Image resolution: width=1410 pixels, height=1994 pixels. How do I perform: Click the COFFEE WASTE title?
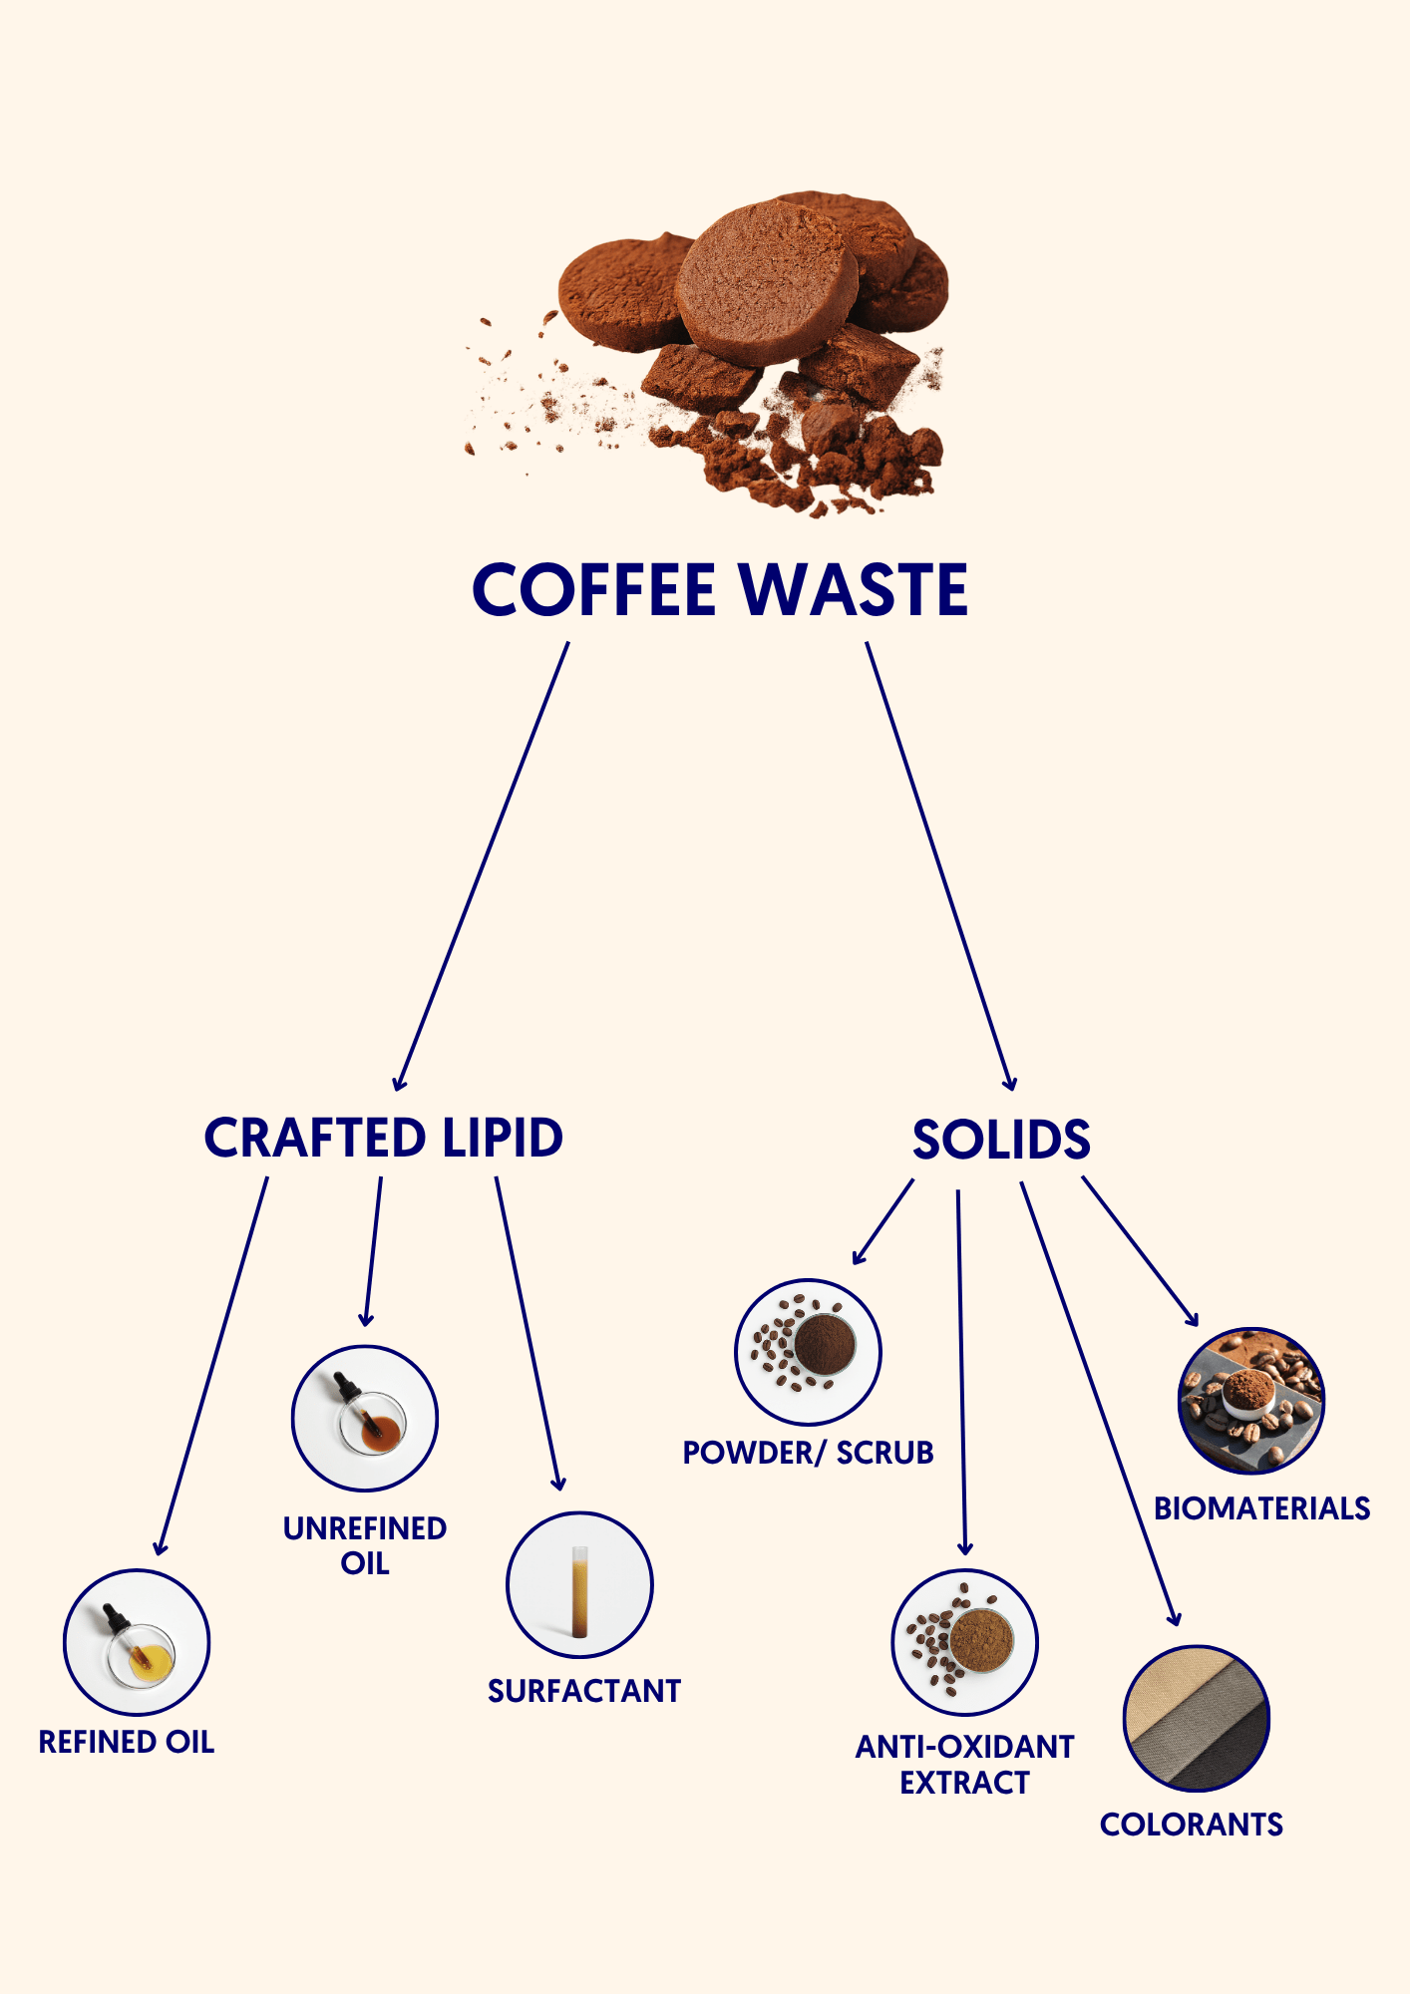tap(720, 589)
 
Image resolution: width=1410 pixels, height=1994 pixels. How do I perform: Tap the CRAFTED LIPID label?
tap(384, 1138)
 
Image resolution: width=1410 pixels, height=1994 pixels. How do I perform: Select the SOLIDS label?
tap(1001, 1140)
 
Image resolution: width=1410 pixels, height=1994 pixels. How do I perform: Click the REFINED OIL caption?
tap(127, 1742)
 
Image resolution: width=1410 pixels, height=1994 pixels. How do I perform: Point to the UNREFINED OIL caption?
tap(365, 1545)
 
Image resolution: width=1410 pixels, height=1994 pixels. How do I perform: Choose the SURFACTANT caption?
tap(584, 1691)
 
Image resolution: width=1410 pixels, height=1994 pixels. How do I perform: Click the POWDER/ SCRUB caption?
tap(808, 1453)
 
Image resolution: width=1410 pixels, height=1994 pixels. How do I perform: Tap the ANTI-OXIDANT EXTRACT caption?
tap(964, 1764)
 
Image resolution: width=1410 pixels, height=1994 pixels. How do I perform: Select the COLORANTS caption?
tap(1192, 1825)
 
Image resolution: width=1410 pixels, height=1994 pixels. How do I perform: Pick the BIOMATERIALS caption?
tap(1262, 1508)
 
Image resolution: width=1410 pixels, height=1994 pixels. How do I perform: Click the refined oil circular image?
tap(137, 1642)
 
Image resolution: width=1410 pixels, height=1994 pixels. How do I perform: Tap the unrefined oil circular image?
tap(365, 1419)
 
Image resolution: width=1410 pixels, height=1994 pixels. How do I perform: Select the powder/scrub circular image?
tap(808, 1352)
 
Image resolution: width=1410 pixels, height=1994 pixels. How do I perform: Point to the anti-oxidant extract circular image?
tap(965, 1642)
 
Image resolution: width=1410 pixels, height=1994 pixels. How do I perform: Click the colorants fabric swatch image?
tap(1197, 1719)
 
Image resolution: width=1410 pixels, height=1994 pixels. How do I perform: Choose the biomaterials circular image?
tap(1251, 1400)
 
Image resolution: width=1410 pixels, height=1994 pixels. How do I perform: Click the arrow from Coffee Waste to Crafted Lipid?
tap(482, 866)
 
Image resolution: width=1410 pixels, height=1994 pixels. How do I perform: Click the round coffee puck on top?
tap(766, 281)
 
